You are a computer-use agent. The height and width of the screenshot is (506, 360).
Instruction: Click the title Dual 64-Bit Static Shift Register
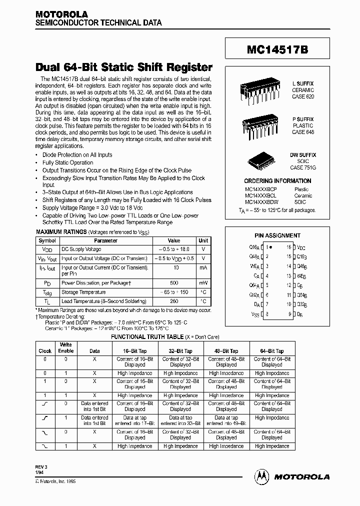(x=124, y=67)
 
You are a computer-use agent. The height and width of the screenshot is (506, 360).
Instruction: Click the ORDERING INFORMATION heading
(x=277, y=181)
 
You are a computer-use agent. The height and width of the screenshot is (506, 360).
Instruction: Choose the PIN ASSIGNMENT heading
(x=277, y=235)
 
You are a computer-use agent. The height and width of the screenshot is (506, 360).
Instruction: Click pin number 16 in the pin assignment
(x=288, y=247)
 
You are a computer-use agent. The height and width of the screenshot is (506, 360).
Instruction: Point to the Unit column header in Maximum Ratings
(x=203, y=240)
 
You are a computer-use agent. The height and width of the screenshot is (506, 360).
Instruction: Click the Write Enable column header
(x=66, y=347)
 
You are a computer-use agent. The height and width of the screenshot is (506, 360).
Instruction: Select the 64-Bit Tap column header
(x=272, y=351)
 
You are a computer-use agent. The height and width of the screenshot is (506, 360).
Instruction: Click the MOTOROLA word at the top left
(x=61, y=15)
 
